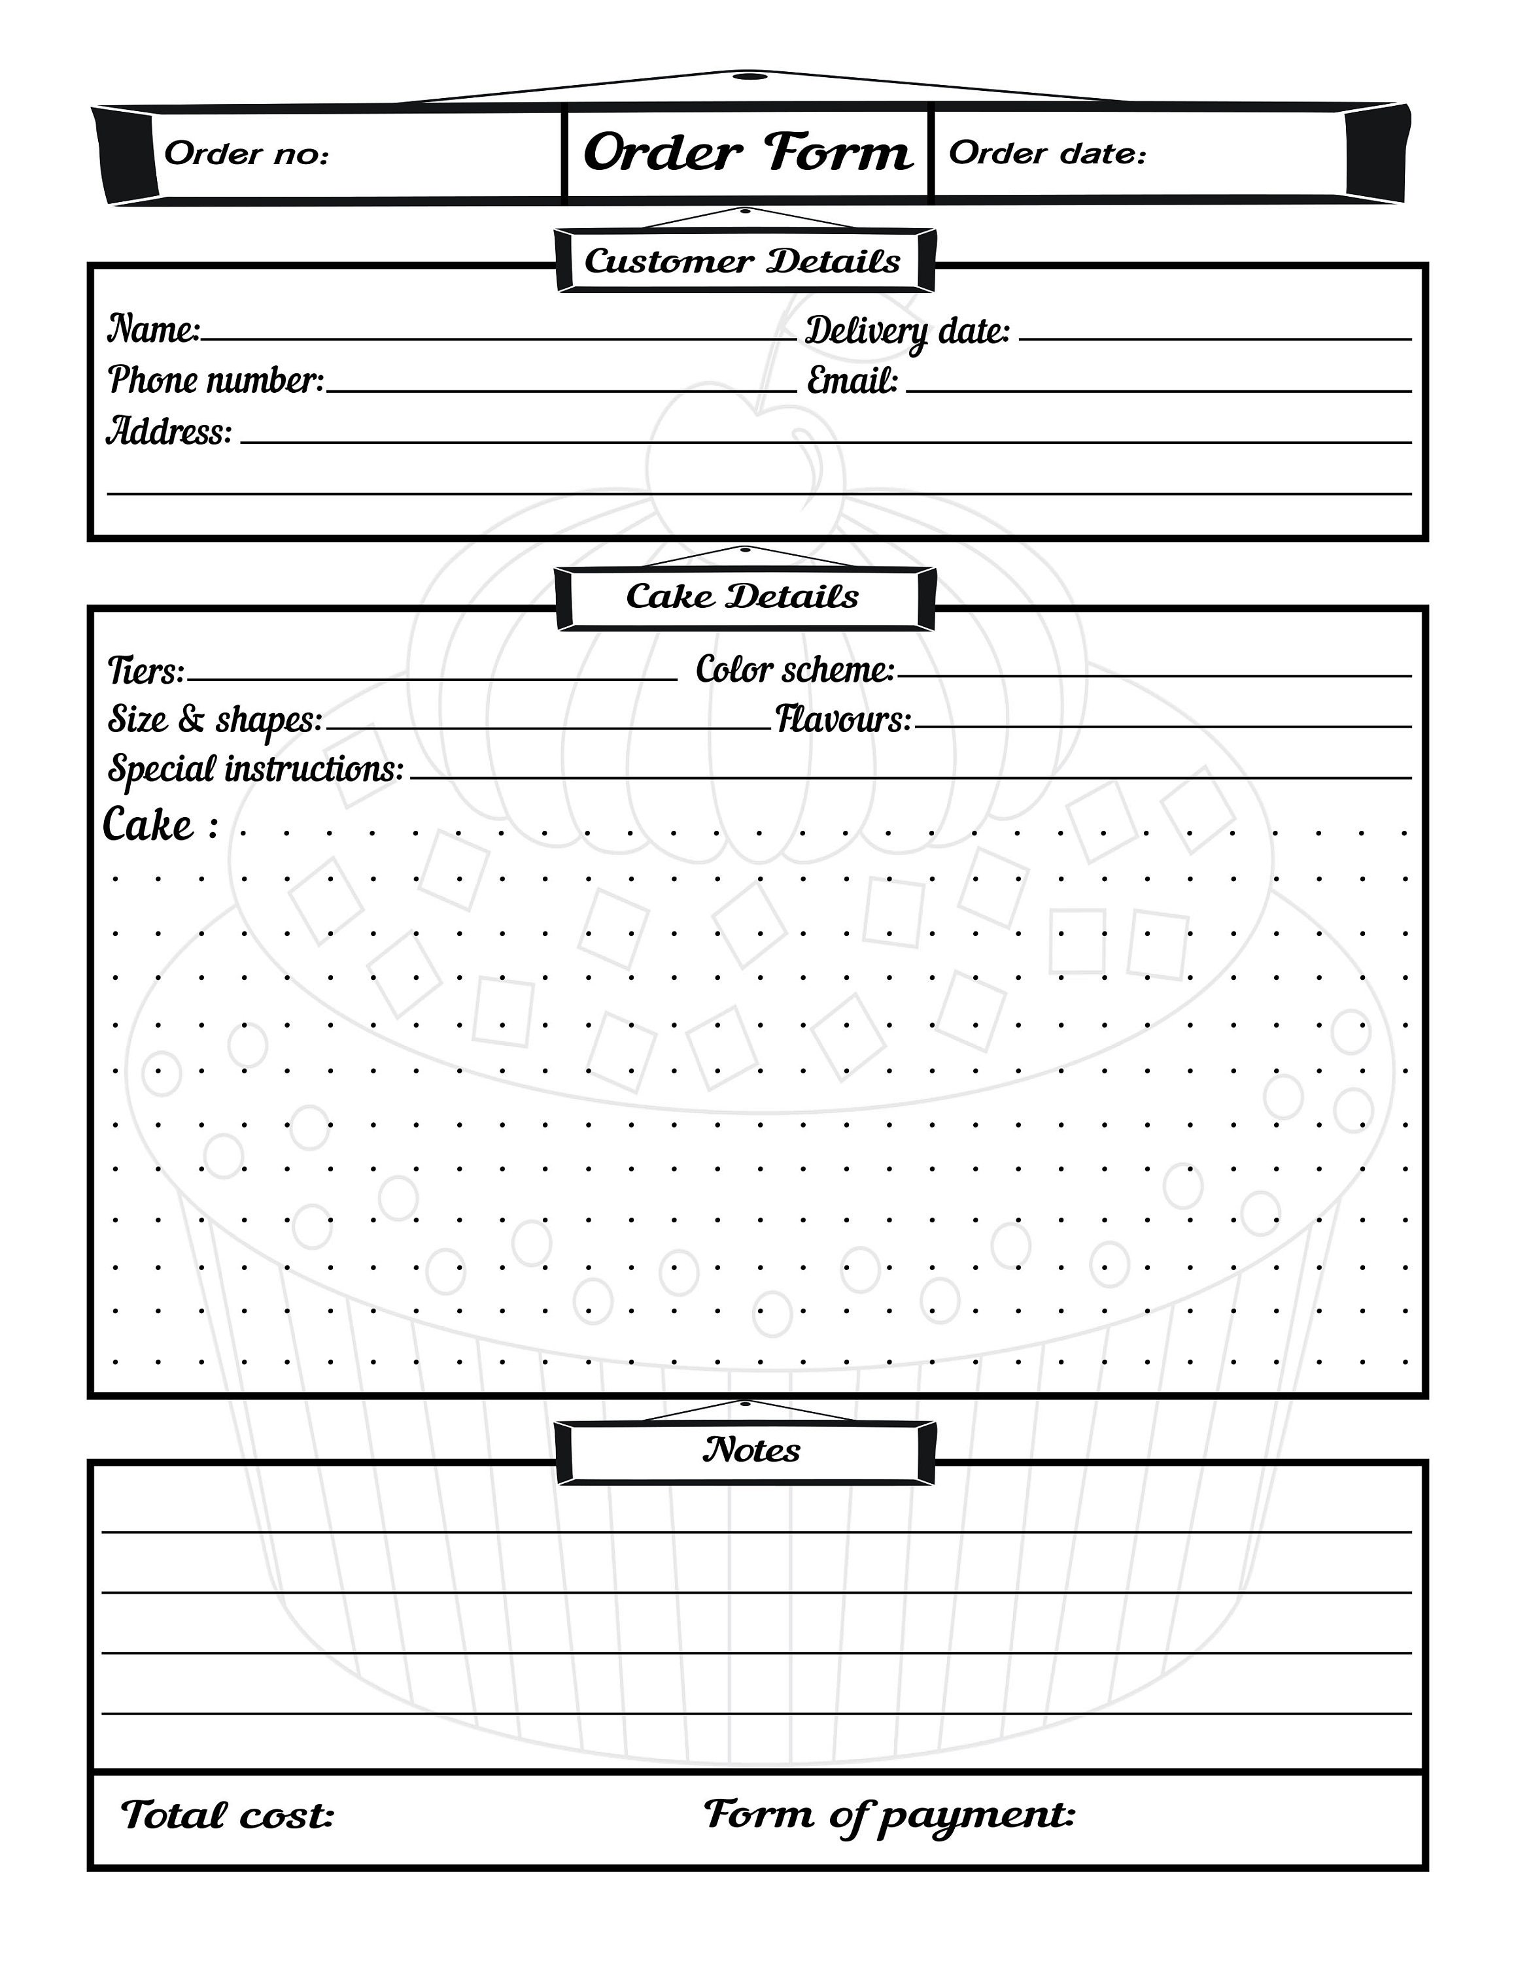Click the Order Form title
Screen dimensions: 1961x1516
[x=748, y=153]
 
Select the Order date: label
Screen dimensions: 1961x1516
[x=1047, y=154]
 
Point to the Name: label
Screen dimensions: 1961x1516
[x=154, y=329]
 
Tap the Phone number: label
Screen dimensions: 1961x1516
[x=216, y=380]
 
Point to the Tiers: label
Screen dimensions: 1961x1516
[x=145, y=671]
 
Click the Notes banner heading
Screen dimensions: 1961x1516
[x=751, y=1449]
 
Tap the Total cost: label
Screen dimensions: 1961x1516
[x=227, y=1815]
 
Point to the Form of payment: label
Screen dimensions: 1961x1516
[x=889, y=1815]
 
